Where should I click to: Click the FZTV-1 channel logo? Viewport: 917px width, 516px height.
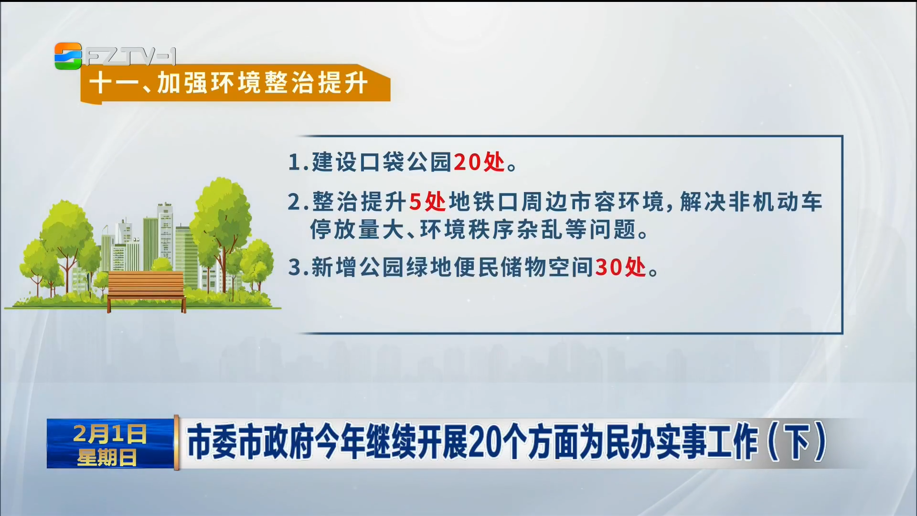tap(115, 56)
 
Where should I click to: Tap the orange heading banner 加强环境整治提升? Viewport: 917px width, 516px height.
tap(235, 83)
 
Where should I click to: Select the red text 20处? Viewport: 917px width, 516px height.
tap(479, 162)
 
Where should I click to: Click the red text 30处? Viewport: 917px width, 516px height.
tap(620, 267)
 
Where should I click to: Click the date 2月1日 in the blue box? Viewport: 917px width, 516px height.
tap(110, 433)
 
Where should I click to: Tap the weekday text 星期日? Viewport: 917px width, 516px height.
tap(107, 457)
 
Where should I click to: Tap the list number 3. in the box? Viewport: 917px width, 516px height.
tap(299, 268)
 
